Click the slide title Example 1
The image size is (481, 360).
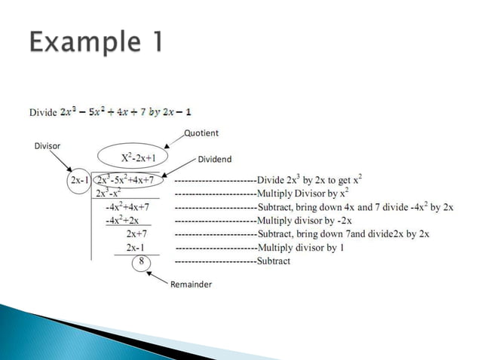(96, 41)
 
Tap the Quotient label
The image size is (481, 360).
(201, 133)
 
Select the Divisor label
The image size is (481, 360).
(47, 145)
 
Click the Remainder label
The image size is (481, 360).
(190, 285)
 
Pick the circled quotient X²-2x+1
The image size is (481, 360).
(140, 159)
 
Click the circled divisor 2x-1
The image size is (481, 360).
(78, 181)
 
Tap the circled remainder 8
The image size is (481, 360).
(138, 261)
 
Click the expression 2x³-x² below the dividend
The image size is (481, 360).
(111, 194)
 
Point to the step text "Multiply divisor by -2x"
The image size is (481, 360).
(305, 220)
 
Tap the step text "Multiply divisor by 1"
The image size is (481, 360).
(300, 247)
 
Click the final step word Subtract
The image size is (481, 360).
(274, 261)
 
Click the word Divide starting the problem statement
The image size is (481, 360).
(43, 112)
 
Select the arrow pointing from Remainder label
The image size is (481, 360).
(157, 276)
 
